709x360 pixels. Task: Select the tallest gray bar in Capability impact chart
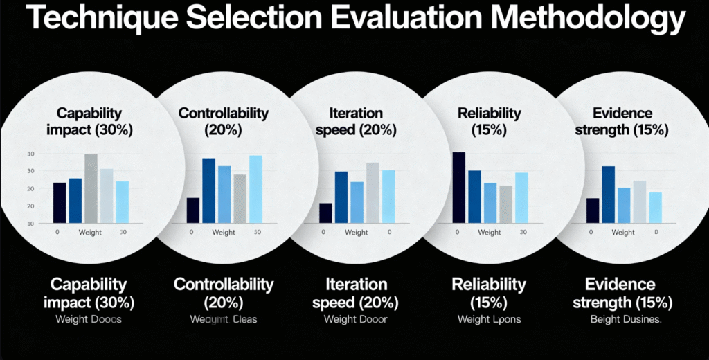91,188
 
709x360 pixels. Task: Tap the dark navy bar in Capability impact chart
60,203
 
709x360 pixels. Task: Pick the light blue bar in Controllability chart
255,189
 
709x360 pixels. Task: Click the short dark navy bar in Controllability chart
193,210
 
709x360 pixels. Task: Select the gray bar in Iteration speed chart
373,192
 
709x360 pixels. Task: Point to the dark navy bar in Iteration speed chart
325,213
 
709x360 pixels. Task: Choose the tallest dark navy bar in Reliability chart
458,187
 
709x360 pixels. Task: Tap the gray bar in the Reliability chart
506,204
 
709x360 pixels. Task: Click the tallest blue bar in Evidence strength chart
609,195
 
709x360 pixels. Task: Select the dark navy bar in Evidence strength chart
593,210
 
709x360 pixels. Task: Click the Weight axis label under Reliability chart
490,233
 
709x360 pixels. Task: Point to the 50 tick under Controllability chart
257,233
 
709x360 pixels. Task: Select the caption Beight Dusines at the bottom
626,319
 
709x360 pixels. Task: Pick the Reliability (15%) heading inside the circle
490,120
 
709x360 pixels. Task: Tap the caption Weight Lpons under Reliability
489,319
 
